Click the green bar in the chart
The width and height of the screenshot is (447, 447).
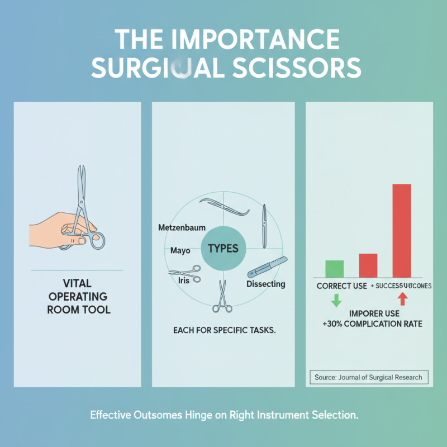point(335,268)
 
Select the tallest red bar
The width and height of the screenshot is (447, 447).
point(402,230)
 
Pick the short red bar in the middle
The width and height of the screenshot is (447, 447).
point(368,265)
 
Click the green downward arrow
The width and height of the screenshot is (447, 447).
point(336,300)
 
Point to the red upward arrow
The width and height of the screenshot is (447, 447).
point(403,300)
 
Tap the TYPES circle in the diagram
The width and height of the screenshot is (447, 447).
point(223,248)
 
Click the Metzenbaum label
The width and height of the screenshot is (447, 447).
point(182,228)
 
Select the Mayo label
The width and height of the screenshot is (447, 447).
point(179,250)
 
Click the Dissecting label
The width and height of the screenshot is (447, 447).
point(266,284)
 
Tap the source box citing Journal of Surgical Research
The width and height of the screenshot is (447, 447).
point(368,377)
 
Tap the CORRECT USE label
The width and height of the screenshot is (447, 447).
point(341,286)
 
